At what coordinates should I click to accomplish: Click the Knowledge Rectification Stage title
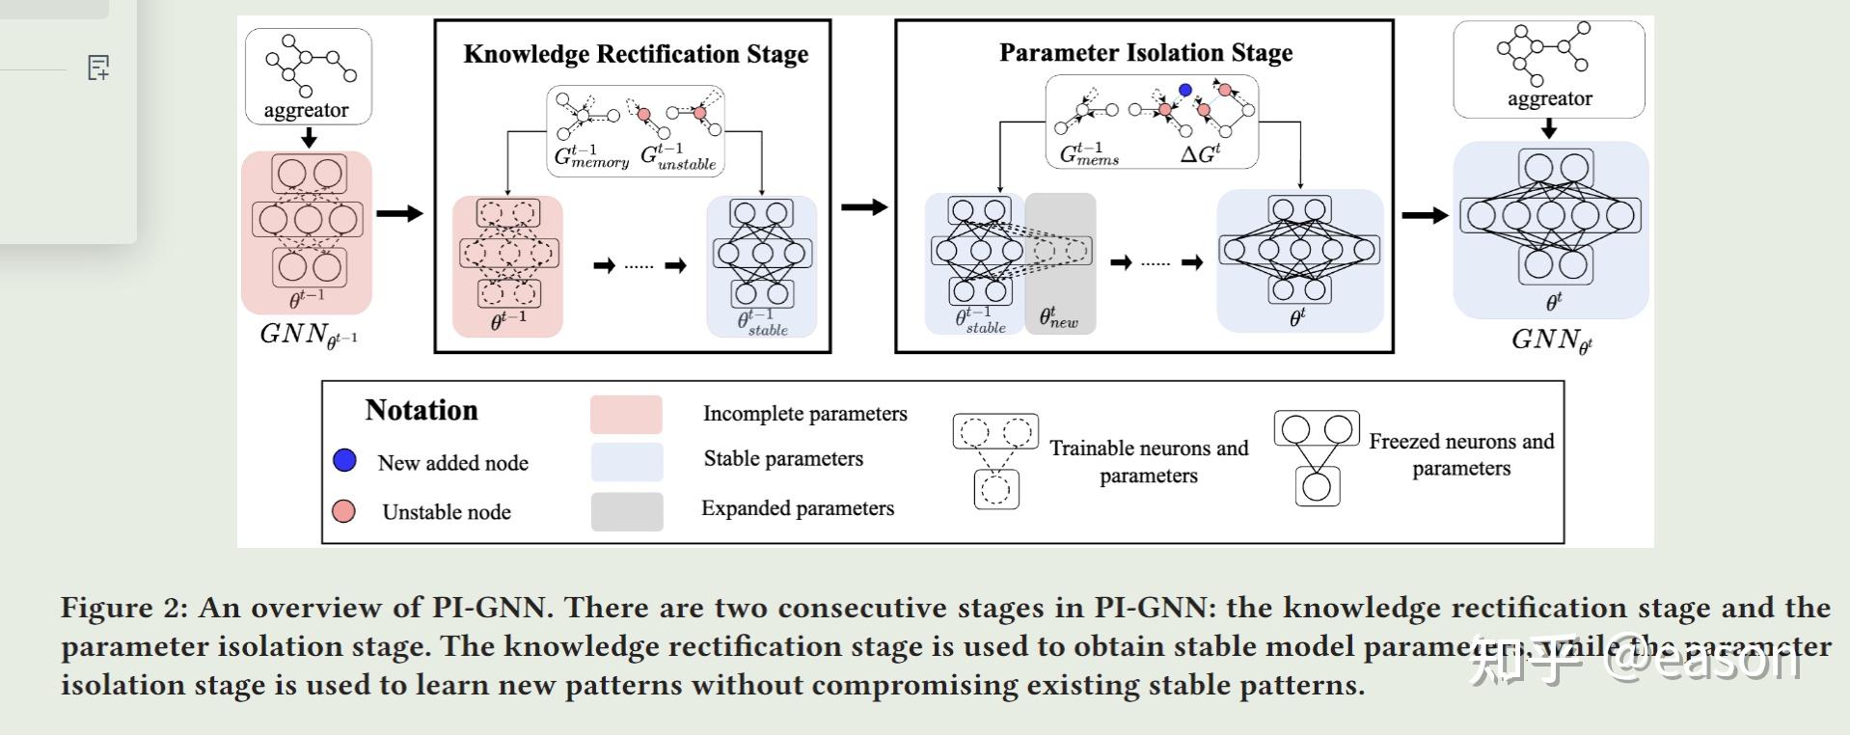point(636,54)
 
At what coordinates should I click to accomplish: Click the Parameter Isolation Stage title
point(1145,52)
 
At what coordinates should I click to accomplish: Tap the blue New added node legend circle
point(344,460)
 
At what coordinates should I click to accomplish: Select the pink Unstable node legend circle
point(343,511)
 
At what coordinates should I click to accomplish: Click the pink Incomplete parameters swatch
point(626,414)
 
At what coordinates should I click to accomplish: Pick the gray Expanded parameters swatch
point(626,511)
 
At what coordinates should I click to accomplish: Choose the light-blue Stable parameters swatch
point(626,461)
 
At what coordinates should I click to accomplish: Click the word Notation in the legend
point(422,410)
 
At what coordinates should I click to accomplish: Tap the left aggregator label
point(306,110)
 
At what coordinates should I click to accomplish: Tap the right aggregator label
point(1549,98)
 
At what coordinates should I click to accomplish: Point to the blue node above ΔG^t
point(1185,90)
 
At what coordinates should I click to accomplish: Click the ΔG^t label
point(1200,153)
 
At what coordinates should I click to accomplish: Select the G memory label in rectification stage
point(591,156)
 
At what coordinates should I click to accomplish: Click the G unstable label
point(679,156)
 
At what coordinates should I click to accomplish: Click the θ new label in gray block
point(1058,316)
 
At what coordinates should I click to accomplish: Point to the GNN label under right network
point(1550,340)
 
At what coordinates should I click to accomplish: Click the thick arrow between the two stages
point(863,206)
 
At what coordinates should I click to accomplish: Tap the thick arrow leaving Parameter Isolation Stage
point(1424,215)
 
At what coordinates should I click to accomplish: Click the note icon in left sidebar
point(98,68)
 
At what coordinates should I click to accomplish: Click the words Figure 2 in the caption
point(123,608)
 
